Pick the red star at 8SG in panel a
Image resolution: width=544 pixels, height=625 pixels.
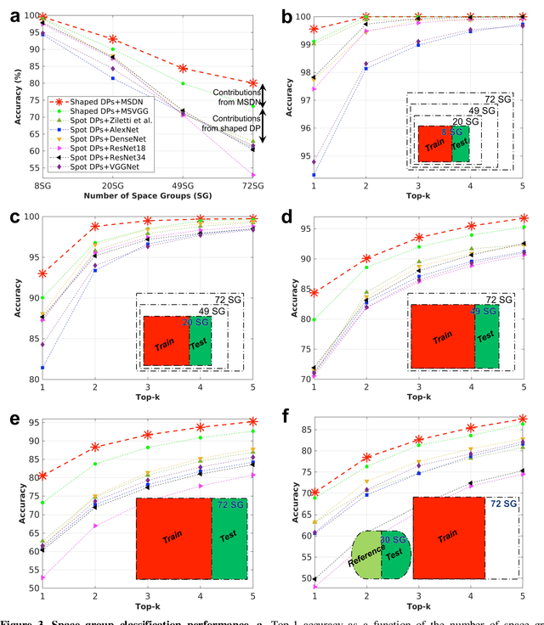pyautogui.click(x=42, y=18)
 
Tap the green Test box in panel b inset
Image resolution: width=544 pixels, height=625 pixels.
pyautogui.click(x=460, y=144)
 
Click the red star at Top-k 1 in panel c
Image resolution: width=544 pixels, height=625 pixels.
pyautogui.click(x=42, y=273)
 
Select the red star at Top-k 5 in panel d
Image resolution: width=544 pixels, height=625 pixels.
pyautogui.click(x=523, y=218)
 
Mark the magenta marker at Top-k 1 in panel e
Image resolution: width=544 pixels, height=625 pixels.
pyautogui.click(x=42, y=577)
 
